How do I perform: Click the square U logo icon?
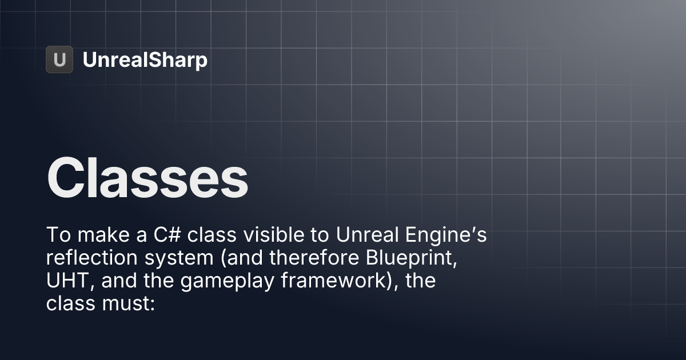point(59,59)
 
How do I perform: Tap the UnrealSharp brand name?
point(145,60)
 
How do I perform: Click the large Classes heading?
point(147,177)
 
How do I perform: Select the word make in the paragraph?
point(98,235)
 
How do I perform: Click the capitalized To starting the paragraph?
point(55,235)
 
